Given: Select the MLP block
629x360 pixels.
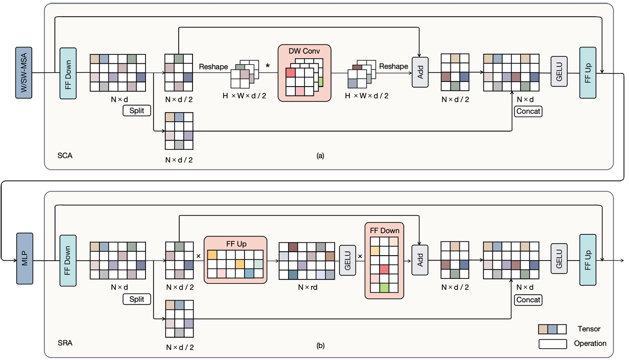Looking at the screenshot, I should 24,258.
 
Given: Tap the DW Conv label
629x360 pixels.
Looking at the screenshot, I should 304,51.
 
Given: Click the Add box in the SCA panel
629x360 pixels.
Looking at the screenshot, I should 419,72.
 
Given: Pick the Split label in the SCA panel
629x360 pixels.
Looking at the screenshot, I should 137,111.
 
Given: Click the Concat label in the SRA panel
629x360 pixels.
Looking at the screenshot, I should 528,300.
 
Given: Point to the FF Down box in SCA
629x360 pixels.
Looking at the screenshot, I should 67,72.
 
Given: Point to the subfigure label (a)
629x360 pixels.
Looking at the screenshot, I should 320,156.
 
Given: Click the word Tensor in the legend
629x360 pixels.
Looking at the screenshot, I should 588,329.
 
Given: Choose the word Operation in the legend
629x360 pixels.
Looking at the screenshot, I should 590,343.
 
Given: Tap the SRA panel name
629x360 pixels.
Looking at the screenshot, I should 65,342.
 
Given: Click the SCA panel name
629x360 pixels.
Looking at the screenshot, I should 65,156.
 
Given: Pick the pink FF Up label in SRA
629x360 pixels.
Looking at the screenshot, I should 235,244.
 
